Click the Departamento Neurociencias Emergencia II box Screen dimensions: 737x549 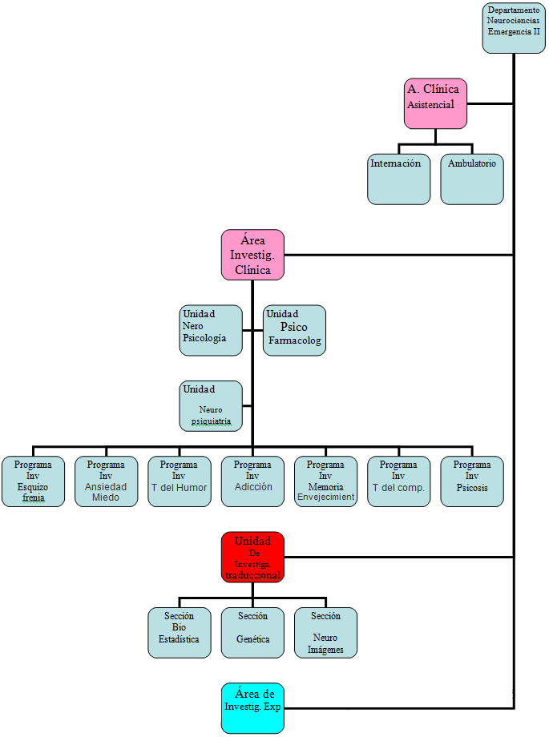click(514, 28)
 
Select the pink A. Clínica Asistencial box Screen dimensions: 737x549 click(435, 103)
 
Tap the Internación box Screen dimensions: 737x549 click(399, 179)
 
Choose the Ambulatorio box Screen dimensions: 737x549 click(472, 179)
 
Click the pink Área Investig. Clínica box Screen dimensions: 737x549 click(252, 255)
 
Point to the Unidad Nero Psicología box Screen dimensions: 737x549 click(211, 330)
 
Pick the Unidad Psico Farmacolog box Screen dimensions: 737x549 click(294, 330)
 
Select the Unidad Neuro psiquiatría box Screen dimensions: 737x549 click(211, 405)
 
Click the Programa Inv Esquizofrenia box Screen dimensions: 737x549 click(33, 481)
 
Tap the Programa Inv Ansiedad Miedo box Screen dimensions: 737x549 click(106, 481)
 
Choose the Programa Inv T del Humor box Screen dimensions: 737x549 click(179, 481)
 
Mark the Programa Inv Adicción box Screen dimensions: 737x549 click(252, 481)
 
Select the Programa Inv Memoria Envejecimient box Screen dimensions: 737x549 click(325, 481)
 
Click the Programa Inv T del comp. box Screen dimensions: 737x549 click(398, 481)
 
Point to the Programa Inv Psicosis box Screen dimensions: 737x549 click(472, 481)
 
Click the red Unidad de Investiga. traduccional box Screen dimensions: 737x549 click(252, 557)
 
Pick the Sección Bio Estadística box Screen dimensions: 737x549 click(180, 633)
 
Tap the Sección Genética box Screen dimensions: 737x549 click(252, 633)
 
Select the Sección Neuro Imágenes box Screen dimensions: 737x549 click(325, 633)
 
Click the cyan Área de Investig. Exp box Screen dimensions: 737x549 click(252, 708)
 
